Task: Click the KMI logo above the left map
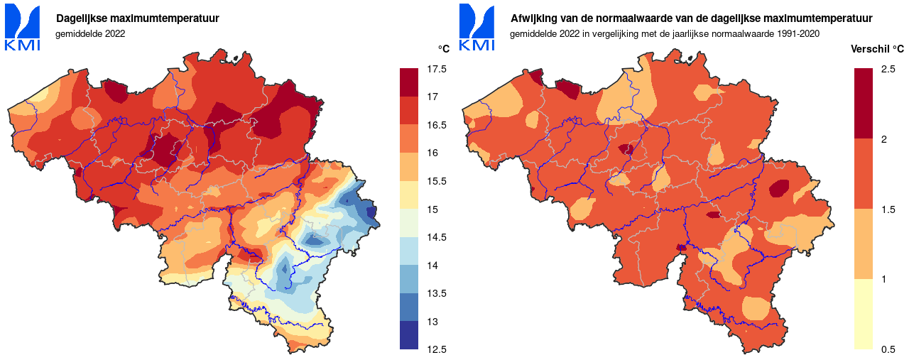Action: pos(23,28)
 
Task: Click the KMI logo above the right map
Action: pos(477,28)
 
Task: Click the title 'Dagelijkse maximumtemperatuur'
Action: pos(138,18)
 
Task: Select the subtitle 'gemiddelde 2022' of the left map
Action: pos(90,33)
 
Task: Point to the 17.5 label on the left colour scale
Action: pos(437,69)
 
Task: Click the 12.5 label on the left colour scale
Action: pos(437,349)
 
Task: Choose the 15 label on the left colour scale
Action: pos(433,209)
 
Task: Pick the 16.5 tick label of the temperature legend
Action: pos(437,125)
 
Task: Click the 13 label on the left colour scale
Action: pos(433,322)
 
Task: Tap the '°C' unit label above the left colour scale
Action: pos(444,49)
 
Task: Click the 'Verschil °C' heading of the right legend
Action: pos(878,49)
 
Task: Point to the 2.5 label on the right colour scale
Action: pos(888,69)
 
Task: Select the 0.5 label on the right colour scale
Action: pos(888,349)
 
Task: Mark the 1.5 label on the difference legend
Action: pos(888,209)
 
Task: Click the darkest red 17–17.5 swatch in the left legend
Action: pos(409,82)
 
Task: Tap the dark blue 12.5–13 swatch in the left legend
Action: pos(409,335)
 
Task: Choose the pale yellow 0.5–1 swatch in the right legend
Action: pos(863,314)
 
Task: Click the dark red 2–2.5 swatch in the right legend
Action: pos(863,104)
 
